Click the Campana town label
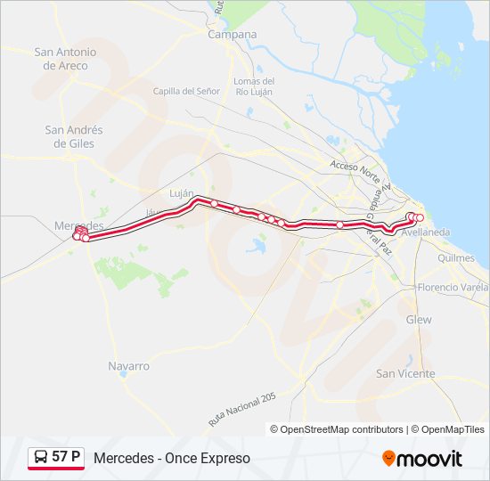pyautogui.click(x=232, y=35)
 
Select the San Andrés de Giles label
pyautogui.click(x=74, y=136)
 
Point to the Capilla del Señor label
pyautogui.click(x=186, y=91)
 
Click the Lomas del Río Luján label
pyautogui.click(x=253, y=87)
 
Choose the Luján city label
pyautogui.click(x=181, y=192)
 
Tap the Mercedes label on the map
pyautogui.click(x=78, y=226)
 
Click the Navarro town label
pyautogui.click(x=128, y=366)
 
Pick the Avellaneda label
pyautogui.click(x=426, y=232)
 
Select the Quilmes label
pyautogui.click(x=456, y=258)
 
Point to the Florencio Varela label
pyautogui.click(x=453, y=288)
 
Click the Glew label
pyautogui.click(x=418, y=320)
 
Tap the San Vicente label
pyautogui.click(x=405, y=374)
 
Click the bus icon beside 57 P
pyautogui.click(x=41, y=458)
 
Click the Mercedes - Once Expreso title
pyautogui.click(x=172, y=459)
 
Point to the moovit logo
pyautogui.click(x=422, y=459)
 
